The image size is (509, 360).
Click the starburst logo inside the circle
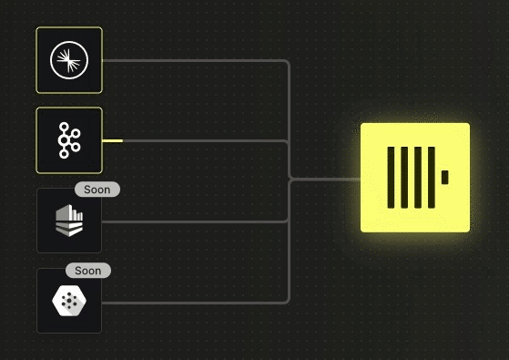click(69, 60)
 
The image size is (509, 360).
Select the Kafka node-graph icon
click(69, 140)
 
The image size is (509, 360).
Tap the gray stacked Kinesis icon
click(69, 221)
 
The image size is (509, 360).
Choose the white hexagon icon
click(69, 301)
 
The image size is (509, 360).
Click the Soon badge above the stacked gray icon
click(97, 190)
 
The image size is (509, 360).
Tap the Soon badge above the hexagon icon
click(88, 271)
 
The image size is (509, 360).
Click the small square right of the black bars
click(445, 177)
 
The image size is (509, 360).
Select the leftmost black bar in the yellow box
click(391, 178)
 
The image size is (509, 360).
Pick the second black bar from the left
click(404, 178)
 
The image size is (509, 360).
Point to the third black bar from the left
click(418, 178)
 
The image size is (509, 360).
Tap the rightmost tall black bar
click(432, 178)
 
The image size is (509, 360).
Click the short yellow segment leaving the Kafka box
click(112, 140)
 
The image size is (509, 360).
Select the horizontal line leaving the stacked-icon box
click(194, 221)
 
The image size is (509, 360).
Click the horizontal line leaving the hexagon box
click(194, 303)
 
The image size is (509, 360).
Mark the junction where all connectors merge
click(290, 179)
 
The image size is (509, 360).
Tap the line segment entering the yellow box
click(326, 179)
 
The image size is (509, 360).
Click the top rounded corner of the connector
click(288, 62)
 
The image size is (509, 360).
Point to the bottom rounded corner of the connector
click(288, 302)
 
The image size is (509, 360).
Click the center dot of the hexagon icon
click(69, 302)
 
